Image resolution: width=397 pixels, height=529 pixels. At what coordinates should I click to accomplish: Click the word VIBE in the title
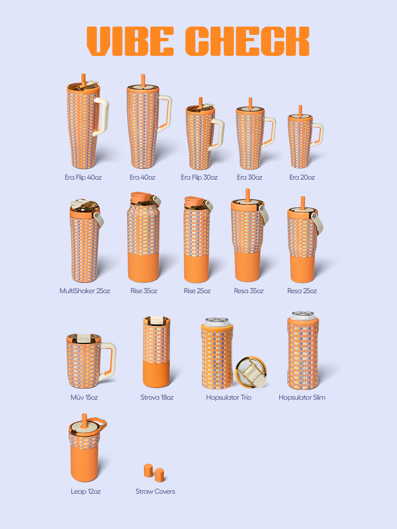130,41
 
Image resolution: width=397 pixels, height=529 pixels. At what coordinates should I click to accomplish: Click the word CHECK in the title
247,41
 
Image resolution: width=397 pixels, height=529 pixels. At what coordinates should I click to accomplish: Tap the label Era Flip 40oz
83,177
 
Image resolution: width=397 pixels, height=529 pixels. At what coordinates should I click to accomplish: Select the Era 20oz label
302,177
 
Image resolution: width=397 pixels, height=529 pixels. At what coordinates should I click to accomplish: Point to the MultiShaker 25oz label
85,291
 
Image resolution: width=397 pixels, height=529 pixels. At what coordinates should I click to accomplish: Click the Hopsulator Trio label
229,397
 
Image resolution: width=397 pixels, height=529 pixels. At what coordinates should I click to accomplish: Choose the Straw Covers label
155,492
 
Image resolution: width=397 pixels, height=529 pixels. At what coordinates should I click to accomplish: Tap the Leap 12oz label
86,492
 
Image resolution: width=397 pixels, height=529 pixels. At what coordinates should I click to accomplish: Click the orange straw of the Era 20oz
300,111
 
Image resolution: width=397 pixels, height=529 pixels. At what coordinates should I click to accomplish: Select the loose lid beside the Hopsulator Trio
251,373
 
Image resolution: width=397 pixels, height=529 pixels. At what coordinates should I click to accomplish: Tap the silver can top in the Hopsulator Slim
303,315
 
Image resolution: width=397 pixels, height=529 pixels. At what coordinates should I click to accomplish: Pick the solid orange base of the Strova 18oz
157,374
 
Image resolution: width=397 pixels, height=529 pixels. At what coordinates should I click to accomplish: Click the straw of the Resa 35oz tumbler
247,195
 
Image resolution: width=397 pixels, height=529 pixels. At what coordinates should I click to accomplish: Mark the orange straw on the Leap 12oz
84,420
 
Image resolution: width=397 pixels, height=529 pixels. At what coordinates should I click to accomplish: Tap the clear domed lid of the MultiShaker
85,206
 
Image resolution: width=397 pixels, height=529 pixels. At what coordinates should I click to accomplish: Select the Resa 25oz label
302,291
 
